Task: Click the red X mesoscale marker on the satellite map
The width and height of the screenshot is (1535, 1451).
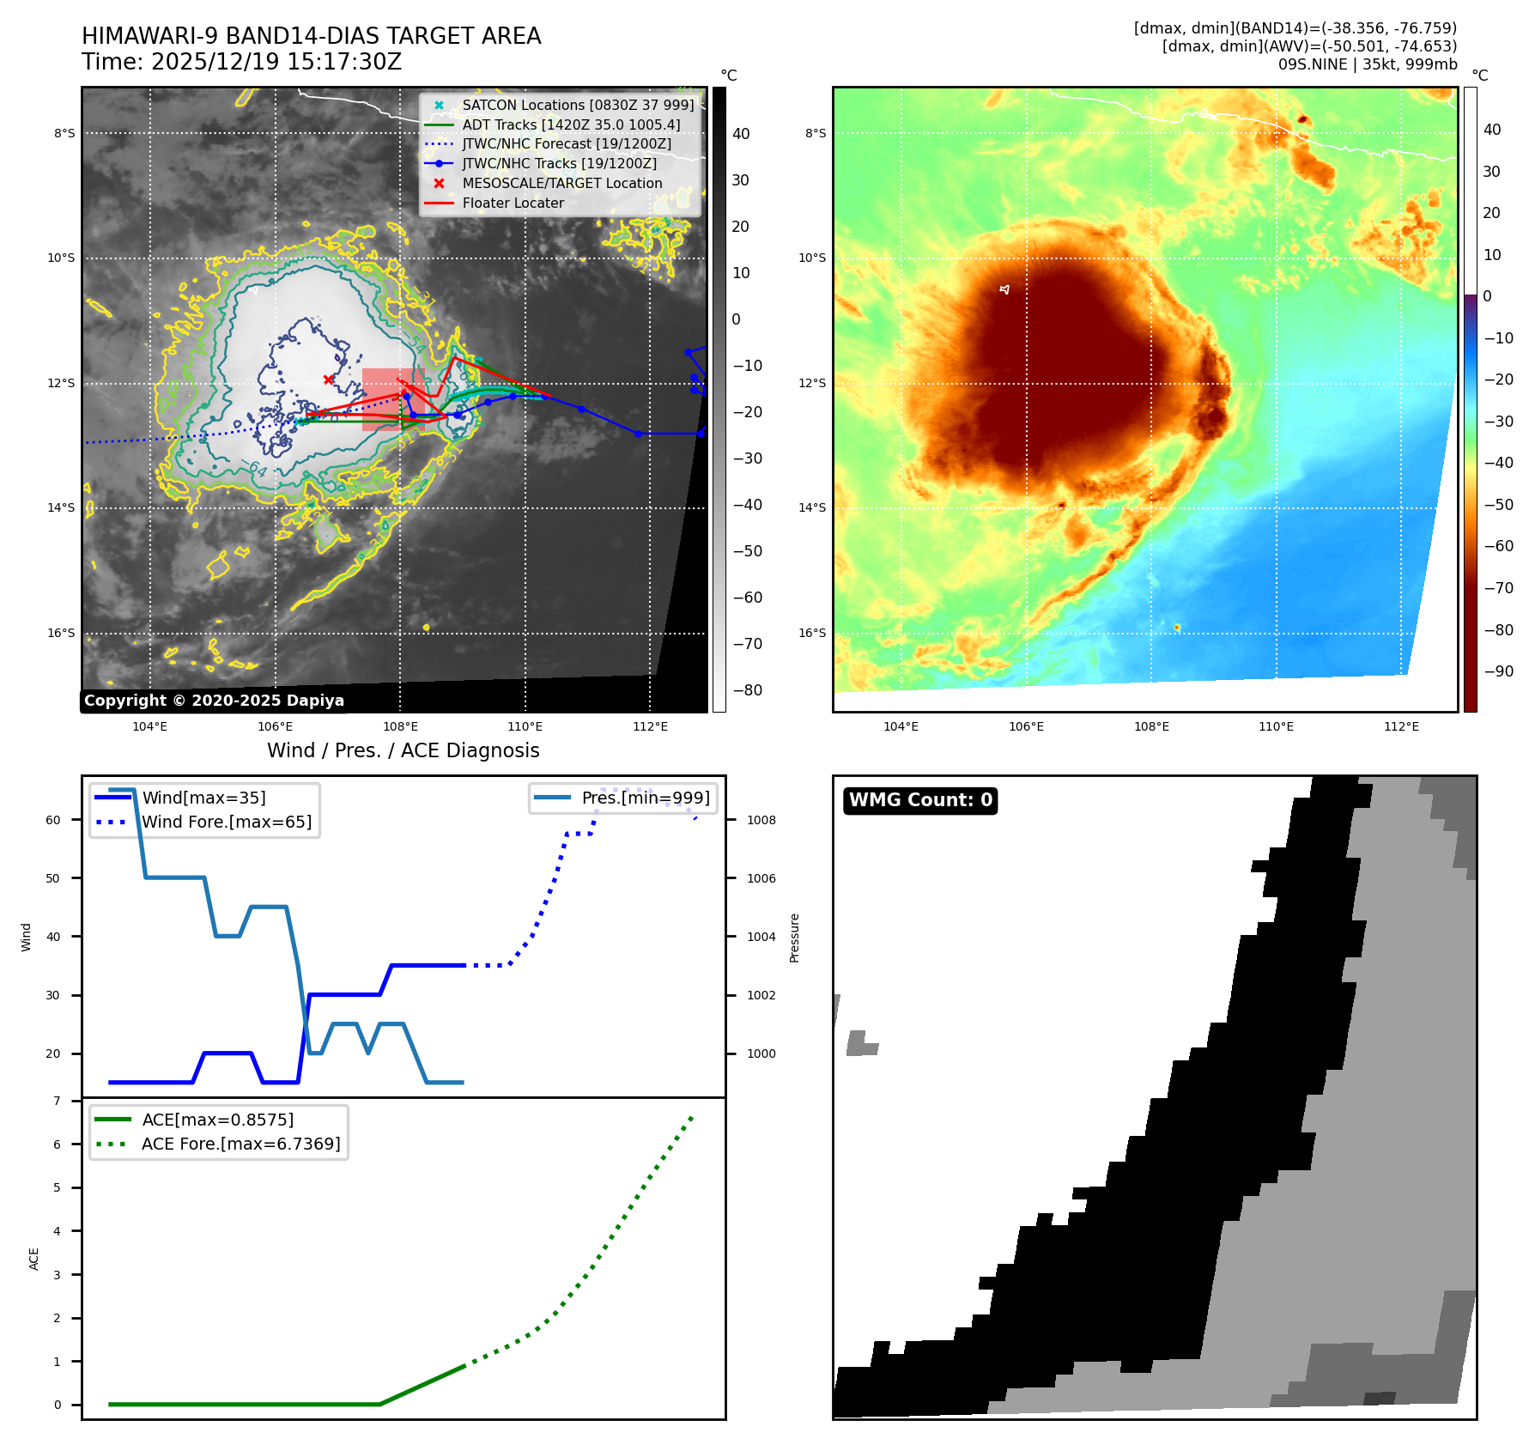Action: [329, 379]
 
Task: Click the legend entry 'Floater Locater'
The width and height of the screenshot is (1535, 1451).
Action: [513, 203]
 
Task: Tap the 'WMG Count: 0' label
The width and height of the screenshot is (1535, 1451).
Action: [920, 800]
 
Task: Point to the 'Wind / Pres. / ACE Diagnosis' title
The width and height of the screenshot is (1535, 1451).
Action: [403, 750]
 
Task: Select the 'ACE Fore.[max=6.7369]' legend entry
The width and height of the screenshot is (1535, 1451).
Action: [240, 1144]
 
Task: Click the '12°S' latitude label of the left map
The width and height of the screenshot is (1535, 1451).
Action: [61, 383]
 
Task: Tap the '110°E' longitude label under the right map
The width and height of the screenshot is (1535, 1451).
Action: [1276, 726]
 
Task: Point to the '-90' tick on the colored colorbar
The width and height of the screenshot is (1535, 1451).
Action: [1498, 671]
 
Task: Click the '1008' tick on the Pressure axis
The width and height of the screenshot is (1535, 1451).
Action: [761, 820]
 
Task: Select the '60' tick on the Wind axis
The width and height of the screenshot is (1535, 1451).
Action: [53, 820]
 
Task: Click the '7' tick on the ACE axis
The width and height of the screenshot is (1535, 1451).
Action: [57, 1101]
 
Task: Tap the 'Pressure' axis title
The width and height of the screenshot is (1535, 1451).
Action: [794, 938]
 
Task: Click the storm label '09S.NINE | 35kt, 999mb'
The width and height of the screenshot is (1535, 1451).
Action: [1367, 64]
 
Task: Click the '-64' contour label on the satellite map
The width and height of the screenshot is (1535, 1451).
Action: [254, 469]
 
